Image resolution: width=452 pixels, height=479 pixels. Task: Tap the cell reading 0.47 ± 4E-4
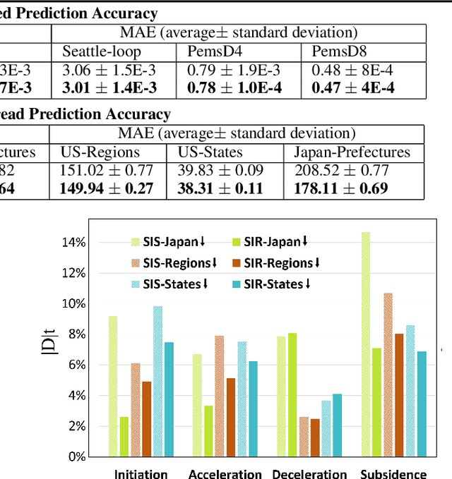[x=354, y=87]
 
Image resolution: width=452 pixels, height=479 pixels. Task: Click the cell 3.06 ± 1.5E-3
[x=109, y=70]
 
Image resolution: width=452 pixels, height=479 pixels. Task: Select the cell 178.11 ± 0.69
[x=342, y=188]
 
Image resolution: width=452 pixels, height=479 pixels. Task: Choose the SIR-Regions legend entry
[x=276, y=263]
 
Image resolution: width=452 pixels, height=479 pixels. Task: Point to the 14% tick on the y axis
[x=74, y=243]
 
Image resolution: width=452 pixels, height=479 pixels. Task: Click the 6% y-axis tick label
[x=76, y=365]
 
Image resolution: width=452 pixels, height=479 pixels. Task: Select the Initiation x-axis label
[x=141, y=473]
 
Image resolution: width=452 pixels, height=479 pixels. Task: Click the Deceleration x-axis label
[x=309, y=473]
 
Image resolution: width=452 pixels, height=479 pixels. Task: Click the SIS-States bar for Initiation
[x=157, y=381]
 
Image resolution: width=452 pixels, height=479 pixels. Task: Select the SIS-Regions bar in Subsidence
[x=388, y=373]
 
